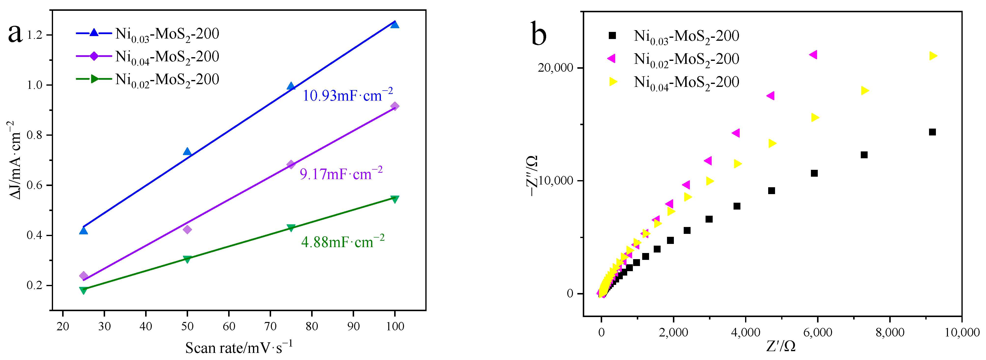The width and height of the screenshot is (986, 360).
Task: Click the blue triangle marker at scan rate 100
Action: coord(395,25)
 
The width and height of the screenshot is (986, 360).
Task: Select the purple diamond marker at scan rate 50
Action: coord(187,229)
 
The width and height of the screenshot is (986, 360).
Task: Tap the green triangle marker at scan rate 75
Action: coord(291,228)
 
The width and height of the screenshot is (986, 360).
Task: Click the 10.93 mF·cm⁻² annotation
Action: coord(347,95)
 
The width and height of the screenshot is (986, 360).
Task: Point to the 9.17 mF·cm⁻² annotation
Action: coord(341,174)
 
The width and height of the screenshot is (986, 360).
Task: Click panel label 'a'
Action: coord(15,34)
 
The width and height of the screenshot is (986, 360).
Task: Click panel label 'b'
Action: coord(539,34)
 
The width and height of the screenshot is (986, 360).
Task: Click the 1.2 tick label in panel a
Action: coord(34,35)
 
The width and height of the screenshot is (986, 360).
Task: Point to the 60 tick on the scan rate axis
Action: coord(229,326)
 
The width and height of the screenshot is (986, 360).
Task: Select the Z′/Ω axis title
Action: coord(781,346)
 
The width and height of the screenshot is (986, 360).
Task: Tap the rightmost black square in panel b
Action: coord(932,132)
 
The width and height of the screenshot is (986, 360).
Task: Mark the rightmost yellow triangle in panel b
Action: coord(933,56)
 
